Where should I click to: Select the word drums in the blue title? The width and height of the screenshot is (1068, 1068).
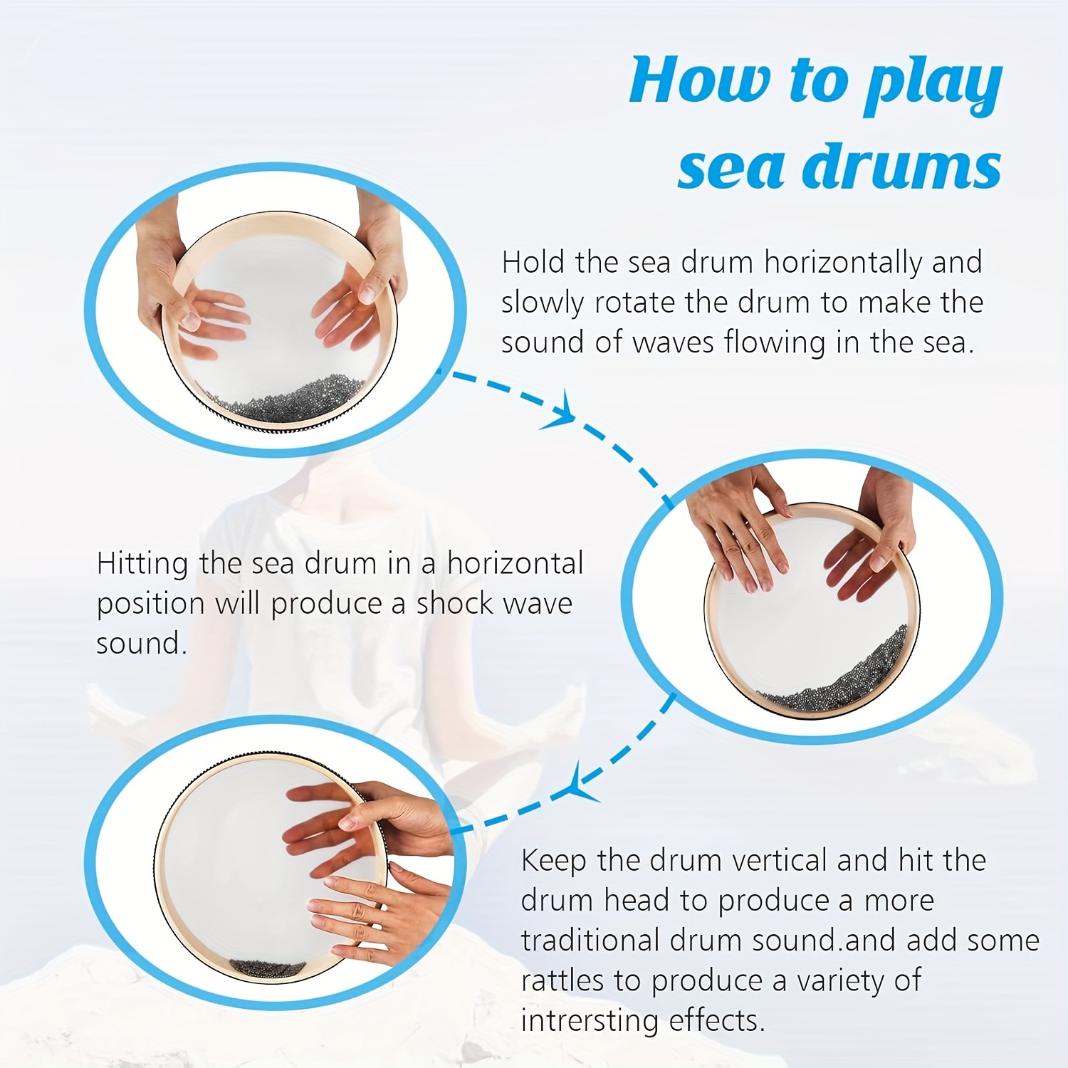click(x=902, y=167)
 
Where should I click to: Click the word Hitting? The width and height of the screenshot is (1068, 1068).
click(x=142, y=564)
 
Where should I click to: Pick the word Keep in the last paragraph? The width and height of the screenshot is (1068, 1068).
click(x=554, y=861)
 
